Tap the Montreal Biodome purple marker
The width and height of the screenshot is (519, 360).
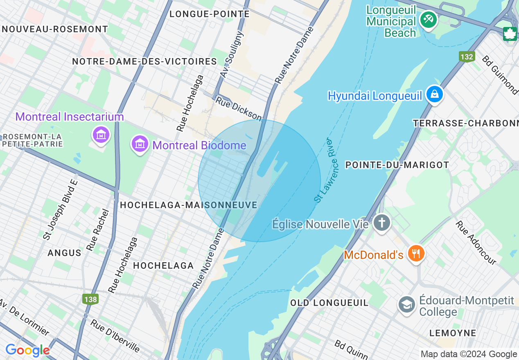pos(140,144)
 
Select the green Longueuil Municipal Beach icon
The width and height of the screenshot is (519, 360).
pos(429,20)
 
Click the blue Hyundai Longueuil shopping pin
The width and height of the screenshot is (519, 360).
pos(434,95)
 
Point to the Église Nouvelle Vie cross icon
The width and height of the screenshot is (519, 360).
pos(381,223)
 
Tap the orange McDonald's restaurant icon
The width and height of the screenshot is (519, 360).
pos(416,254)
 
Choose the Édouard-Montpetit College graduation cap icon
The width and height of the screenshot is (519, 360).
pos(407,305)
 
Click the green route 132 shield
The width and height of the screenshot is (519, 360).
pos(467,57)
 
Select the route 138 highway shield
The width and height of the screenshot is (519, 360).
pos(90,299)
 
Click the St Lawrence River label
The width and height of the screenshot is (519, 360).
pos(324,170)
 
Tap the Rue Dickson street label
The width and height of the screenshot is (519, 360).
pos(238,108)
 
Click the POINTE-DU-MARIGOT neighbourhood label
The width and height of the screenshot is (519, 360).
pos(397,165)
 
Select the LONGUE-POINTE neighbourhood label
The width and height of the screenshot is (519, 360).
pos(209,14)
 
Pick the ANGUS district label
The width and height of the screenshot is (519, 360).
pos(64,253)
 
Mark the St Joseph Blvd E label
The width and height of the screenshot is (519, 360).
pos(60,213)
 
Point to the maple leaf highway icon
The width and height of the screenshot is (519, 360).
pos(510,34)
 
